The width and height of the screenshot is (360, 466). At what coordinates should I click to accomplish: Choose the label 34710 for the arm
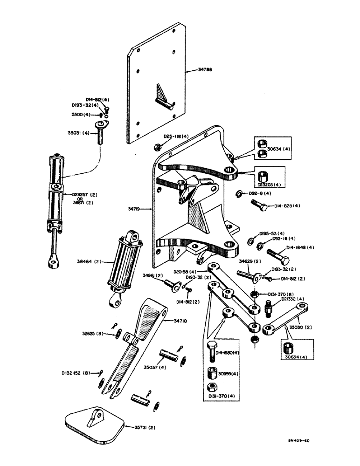click(x=182, y=320)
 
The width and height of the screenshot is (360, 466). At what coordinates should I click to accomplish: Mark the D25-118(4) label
click(x=175, y=137)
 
